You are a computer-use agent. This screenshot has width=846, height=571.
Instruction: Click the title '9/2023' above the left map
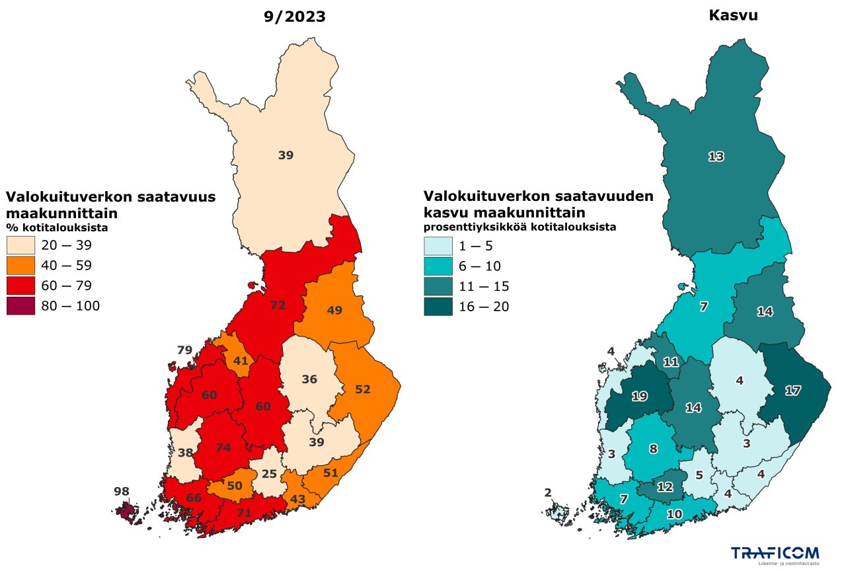(x=294, y=17)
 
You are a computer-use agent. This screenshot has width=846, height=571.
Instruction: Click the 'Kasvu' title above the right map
(x=733, y=15)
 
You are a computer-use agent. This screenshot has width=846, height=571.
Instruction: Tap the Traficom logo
(x=775, y=555)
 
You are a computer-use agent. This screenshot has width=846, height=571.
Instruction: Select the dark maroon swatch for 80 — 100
(x=20, y=306)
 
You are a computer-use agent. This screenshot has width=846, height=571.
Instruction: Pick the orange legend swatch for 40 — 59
(x=20, y=266)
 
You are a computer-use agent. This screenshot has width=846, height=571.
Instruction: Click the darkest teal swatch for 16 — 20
(x=438, y=307)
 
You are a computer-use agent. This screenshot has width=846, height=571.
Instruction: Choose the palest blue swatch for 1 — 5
(x=438, y=247)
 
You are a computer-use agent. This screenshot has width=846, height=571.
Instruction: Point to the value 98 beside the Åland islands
(x=122, y=491)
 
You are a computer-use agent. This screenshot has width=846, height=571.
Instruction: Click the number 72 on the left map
(x=278, y=305)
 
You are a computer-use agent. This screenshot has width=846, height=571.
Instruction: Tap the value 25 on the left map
(x=268, y=474)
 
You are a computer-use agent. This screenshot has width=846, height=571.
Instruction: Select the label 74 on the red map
(x=223, y=447)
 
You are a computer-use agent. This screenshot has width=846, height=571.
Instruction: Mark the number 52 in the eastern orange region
(x=362, y=389)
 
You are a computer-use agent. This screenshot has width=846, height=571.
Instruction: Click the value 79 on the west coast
(x=184, y=350)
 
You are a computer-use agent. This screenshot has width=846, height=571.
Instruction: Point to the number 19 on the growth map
(x=639, y=397)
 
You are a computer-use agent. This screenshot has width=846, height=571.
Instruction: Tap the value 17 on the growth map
(x=792, y=391)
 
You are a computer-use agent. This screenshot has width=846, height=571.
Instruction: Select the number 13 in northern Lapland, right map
(x=716, y=157)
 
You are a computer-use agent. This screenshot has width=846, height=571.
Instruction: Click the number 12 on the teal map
(x=665, y=487)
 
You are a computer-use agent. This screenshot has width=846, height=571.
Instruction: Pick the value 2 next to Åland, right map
(x=547, y=492)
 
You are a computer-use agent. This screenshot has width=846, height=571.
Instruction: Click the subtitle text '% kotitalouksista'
(x=57, y=227)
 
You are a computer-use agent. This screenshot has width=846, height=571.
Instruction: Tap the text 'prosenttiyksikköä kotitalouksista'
(x=519, y=227)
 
